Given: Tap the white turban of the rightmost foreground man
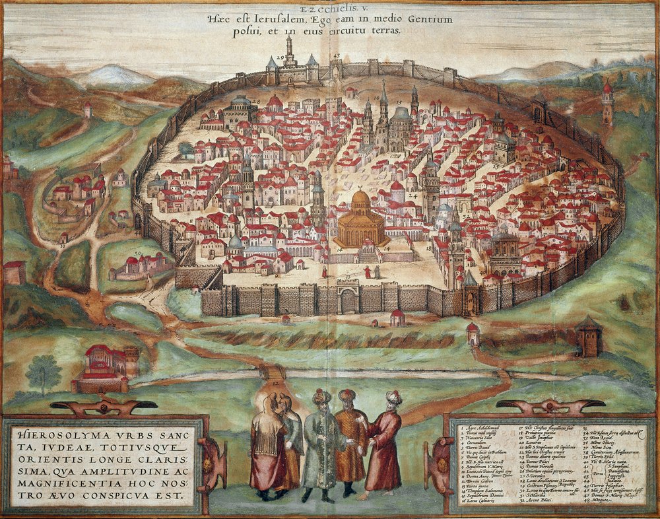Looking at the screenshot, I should coord(393,398).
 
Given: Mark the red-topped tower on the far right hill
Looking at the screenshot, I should coord(607,102).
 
